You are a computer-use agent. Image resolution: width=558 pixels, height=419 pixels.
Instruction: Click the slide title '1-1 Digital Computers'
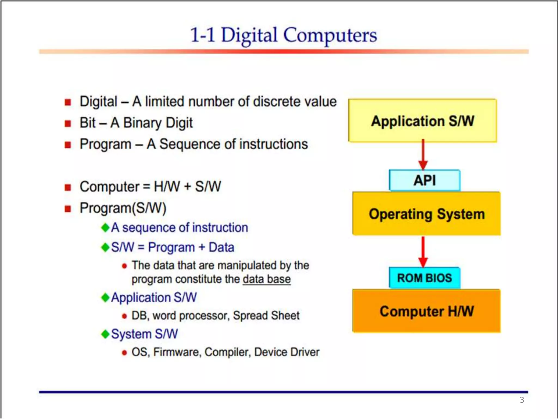point(283,35)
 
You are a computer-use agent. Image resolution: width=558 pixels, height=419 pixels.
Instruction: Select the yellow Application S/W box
point(422,121)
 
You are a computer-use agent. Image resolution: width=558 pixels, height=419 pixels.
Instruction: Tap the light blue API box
point(424,180)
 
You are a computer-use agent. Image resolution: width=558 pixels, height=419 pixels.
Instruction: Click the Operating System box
point(426,214)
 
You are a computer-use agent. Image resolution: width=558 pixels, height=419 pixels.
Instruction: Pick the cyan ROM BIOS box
point(424,278)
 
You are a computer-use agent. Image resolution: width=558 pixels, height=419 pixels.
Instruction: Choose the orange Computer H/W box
point(426,311)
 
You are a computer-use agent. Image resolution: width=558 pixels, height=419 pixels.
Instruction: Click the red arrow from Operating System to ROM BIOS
point(423,252)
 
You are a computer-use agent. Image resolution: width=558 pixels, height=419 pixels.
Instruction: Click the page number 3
point(522,400)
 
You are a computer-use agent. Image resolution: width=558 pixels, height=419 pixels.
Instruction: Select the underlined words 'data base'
point(266,279)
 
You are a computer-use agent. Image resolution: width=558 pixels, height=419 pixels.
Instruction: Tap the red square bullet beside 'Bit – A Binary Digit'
point(68,124)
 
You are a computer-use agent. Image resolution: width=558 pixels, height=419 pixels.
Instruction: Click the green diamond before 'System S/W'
point(105,334)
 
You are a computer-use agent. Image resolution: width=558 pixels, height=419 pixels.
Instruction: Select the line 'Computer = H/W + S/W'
point(150,187)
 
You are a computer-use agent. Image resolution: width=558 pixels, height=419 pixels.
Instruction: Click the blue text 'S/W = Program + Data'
point(172,247)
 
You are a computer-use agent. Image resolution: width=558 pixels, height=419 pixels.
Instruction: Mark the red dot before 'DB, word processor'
point(124,316)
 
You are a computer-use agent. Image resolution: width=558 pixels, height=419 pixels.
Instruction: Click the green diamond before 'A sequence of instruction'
point(105,227)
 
